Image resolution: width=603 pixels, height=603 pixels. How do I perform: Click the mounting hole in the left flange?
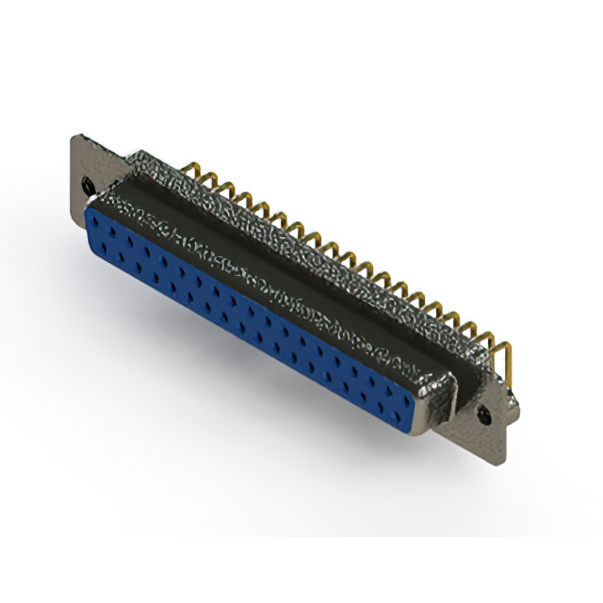89,185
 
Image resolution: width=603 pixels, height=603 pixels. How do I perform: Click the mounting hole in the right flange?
486,413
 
